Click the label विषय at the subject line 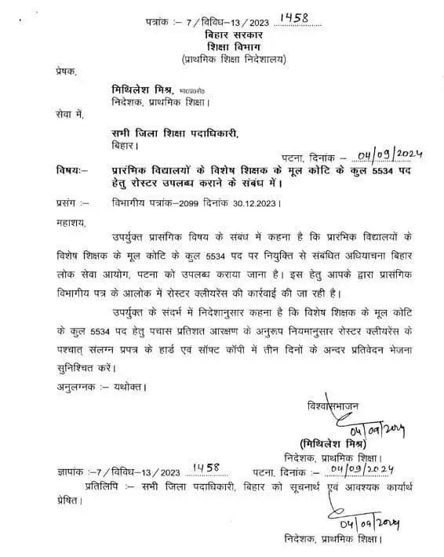pos(70,170)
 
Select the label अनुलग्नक pos(78,387)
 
